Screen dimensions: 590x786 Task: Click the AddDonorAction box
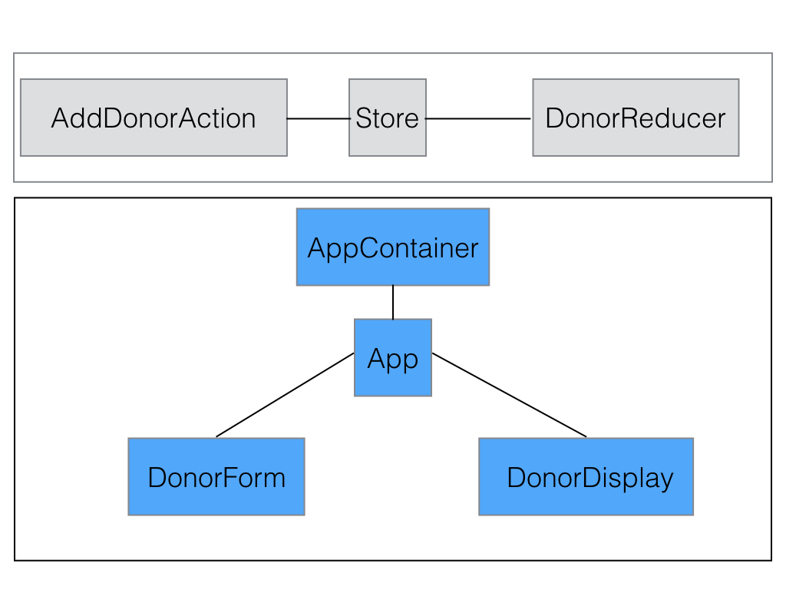click(x=154, y=118)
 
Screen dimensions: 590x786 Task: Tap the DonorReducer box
click(x=636, y=118)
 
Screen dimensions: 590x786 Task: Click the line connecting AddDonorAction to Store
click(x=318, y=118)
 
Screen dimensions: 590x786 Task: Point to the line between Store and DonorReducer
click(x=478, y=118)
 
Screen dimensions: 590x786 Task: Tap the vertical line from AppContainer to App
click(x=393, y=302)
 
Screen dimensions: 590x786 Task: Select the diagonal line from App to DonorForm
click(x=285, y=395)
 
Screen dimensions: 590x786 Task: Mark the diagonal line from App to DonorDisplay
click(x=509, y=395)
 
